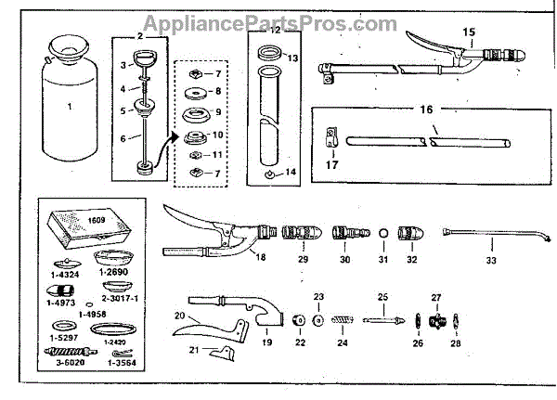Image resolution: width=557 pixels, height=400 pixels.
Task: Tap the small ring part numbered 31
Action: point(384,232)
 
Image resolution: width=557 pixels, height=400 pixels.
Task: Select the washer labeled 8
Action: point(197,94)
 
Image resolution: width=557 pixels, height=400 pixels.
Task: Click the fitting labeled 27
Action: point(436,320)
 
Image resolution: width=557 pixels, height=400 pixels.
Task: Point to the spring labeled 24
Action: point(342,320)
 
